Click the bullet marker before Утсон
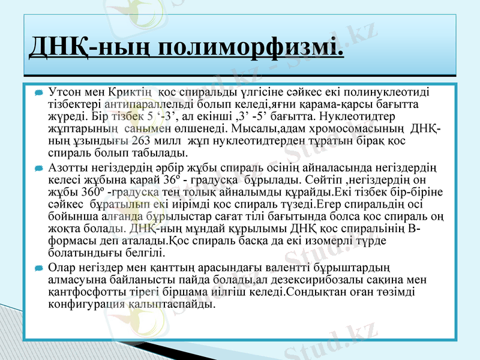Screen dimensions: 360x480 coord(38,93)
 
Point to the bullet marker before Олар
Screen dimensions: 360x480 coord(38,266)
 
